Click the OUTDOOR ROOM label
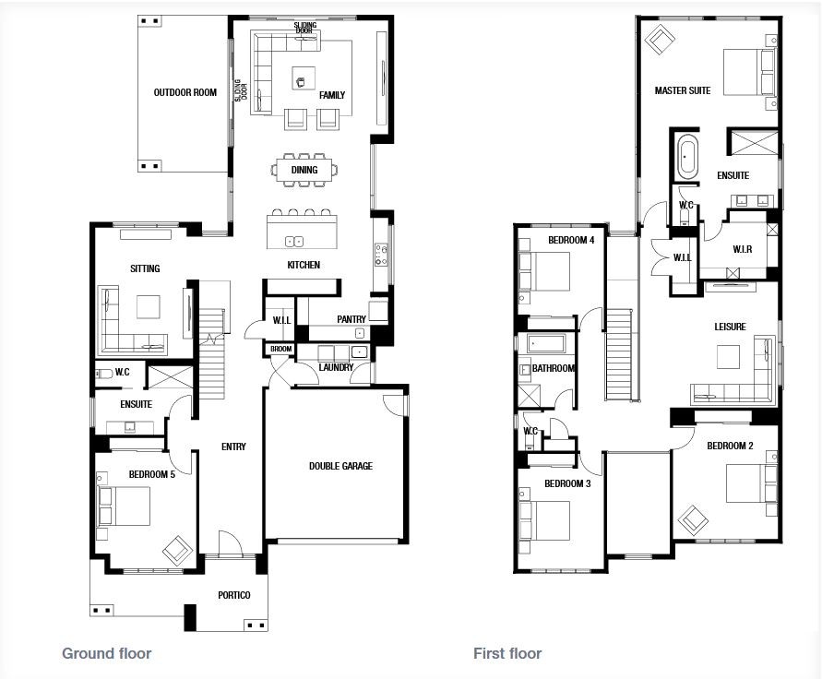pos(185,92)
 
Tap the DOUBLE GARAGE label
pos(340,466)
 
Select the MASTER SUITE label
pos(682,90)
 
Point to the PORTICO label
pos(233,595)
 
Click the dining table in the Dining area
pos(304,170)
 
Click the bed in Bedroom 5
pos(125,506)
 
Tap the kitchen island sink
pos(295,242)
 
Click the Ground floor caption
pos(106,654)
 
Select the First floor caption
pos(506,654)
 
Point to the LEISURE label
pos(729,327)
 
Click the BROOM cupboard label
pos(280,350)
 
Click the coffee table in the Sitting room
pos(148,306)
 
